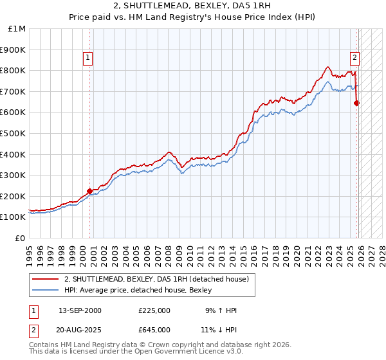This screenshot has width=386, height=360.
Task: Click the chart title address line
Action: point(193,6)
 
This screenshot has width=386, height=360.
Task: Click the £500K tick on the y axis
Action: point(14,133)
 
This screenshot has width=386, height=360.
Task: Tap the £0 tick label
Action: point(20,238)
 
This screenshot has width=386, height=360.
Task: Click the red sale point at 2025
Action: point(357,103)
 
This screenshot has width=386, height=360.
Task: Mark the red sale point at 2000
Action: point(89,190)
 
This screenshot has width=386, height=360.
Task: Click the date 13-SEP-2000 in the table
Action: point(80,310)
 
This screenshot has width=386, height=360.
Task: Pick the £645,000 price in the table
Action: point(154,329)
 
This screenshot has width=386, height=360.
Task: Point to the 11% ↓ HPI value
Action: point(221,329)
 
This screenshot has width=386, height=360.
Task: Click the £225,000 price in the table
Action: point(154,310)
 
